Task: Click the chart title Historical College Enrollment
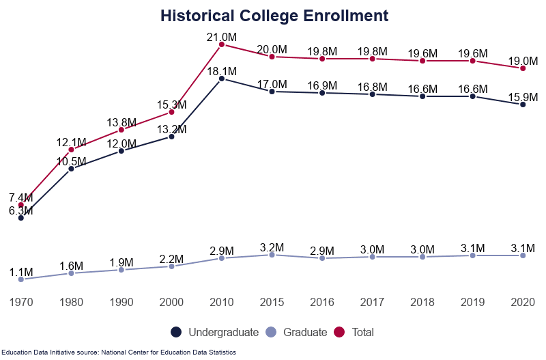274,16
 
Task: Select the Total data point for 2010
222,44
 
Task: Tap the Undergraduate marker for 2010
222,79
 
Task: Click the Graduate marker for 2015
272,255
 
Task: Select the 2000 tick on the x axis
171,301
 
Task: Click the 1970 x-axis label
21,301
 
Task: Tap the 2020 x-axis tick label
523,301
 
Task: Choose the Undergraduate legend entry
214,333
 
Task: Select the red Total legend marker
340,333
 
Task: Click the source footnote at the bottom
118,352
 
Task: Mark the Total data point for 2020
523,68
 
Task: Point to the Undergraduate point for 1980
71,169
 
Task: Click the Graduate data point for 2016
322,258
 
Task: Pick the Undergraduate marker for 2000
171,137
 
